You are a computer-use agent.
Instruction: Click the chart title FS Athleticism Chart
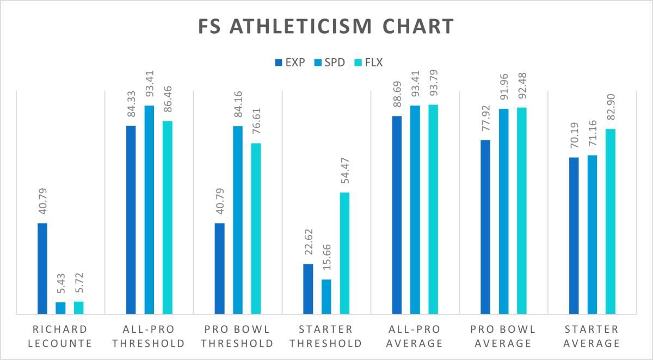pyautogui.click(x=326, y=26)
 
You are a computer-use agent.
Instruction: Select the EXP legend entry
pyautogui.click(x=290, y=63)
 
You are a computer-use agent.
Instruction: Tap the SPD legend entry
pyautogui.click(x=329, y=63)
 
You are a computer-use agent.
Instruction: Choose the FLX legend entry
pyautogui.click(x=368, y=63)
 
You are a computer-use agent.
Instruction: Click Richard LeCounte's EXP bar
pyautogui.click(x=42, y=269)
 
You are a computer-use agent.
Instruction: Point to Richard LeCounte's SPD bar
pyautogui.click(x=60, y=308)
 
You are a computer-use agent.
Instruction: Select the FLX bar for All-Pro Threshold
pyautogui.click(x=168, y=218)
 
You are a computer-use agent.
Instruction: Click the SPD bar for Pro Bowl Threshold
pyautogui.click(x=238, y=220)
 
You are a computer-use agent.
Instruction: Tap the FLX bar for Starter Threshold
pyautogui.click(x=344, y=253)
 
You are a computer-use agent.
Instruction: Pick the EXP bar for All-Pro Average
pyautogui.click(x=397, y=215)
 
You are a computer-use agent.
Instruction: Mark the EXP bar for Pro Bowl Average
pyautogui.click(x=485, y=227)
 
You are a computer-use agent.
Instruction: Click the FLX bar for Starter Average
pyautogui.click(x=611, y=221)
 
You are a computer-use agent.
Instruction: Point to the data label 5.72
pyautogui.click(x=79, y=283)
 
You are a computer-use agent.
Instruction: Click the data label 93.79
pyautogui.click(x=434, y=83)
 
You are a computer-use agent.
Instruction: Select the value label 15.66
pyautogui.click(x=327, y=257)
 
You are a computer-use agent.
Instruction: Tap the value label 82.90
pyautogui.click(x=611, y=107)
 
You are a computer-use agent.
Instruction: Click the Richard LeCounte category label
pyautogui.click(x=60, y=337)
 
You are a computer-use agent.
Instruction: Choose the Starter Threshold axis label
pyautogui.click(x=326, y=337)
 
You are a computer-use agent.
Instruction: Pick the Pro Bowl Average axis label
pyautogui.click(x=503, y=337)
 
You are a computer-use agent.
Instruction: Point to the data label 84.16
pyautogui.click(x=238, y=104)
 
